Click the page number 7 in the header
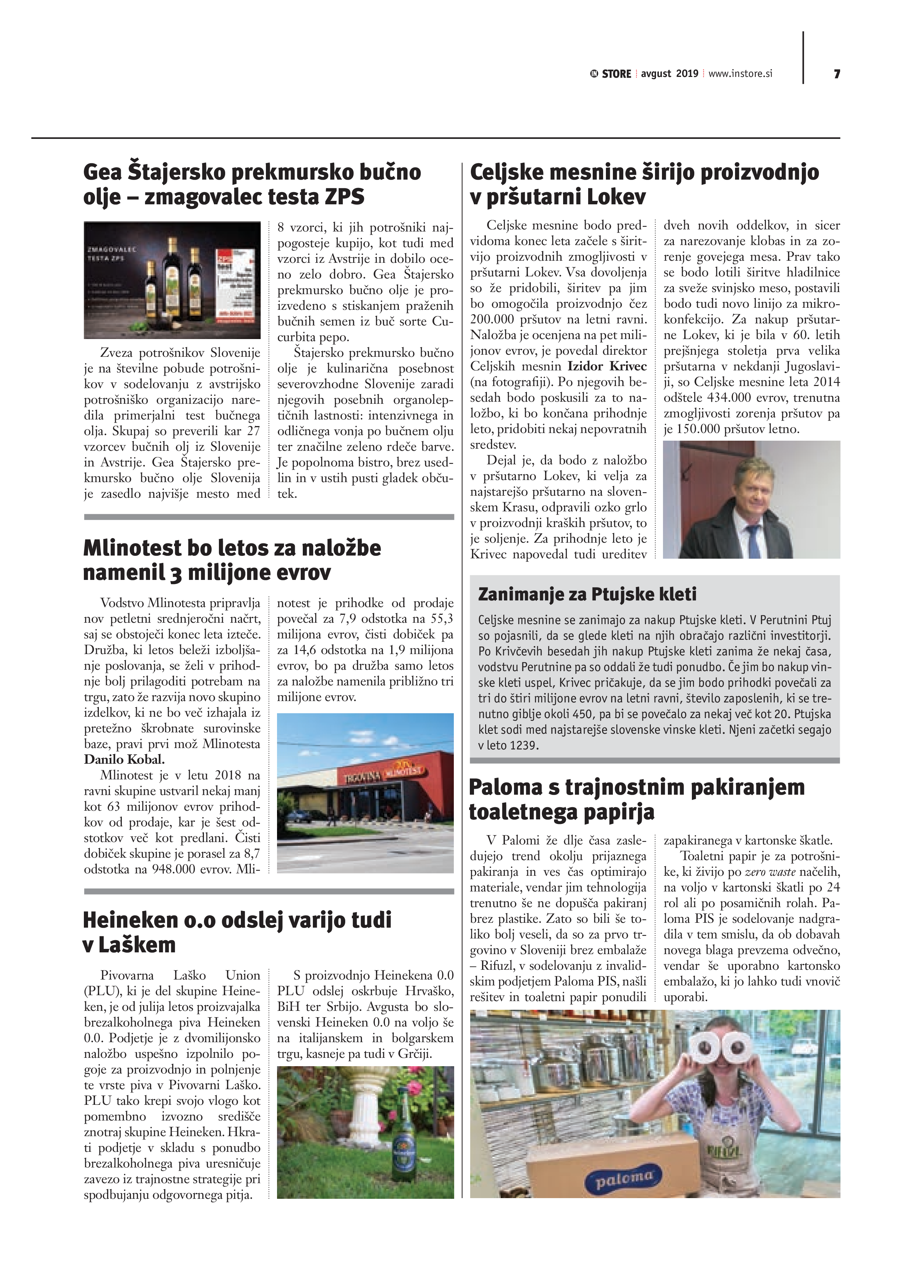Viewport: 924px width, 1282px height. pyautogui.click(x=836, y=74)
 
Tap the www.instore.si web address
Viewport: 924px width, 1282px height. pyautogui.click(x=740, y=73)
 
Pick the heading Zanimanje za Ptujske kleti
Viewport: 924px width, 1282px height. pyautogui.click(x=587, y=594)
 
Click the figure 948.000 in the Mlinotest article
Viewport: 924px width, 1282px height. pyautogui.click(x=173, y=869)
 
